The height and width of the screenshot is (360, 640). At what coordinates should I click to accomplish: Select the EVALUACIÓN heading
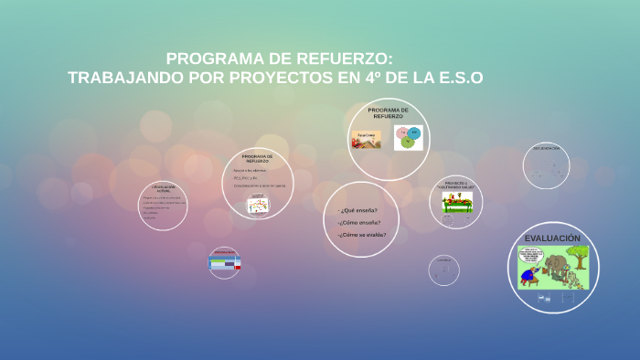pos(552,238)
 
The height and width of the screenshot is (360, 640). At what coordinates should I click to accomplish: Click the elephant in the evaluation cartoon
pos(554,264)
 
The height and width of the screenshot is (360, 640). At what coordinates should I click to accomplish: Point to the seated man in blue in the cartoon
pos(527,274)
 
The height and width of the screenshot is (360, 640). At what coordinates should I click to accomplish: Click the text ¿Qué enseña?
pos(357,210)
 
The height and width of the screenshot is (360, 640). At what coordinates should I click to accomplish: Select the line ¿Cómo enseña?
pos(357,222)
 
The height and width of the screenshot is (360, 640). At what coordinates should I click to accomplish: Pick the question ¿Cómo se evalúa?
pos(361,235)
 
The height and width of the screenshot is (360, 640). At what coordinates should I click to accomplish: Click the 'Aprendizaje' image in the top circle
pos(366,140)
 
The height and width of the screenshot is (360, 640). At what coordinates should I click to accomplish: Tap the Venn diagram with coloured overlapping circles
pos(408,138)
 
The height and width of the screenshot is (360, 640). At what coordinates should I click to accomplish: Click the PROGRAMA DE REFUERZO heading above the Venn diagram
pos(388,112)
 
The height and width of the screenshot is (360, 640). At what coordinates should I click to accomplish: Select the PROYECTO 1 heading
pos(456,184)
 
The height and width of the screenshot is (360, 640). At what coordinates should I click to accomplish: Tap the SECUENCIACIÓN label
pos(546,148)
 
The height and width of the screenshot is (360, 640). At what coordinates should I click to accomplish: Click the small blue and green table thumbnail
pos(224,262)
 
